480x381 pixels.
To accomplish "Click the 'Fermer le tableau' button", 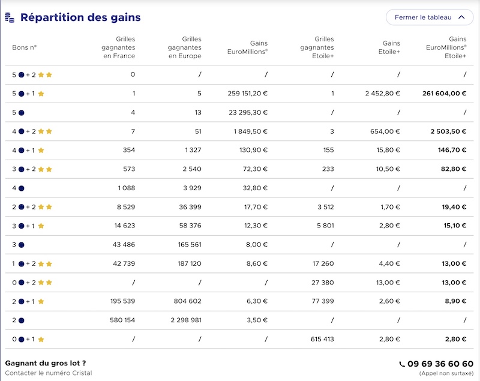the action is click(x=430, y=17).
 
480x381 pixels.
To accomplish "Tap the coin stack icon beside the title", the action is click(x=10, y=17).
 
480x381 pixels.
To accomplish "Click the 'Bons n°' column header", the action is click(x=25, y=47).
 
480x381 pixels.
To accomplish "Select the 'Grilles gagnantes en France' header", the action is click(x=118, y=47).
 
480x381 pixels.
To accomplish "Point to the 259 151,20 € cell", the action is click(x=247, y=94).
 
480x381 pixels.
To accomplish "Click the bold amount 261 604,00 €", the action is click(x=444, y=94).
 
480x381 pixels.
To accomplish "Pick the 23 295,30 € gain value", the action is click(x=248, y=112).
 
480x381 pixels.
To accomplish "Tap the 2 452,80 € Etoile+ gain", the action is click(x=382, y=94).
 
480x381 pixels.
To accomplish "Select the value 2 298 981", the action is click(x=186, y=320).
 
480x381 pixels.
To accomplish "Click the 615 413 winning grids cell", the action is click(x=322, y=339).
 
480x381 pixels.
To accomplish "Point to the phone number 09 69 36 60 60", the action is click(x=440, y=364).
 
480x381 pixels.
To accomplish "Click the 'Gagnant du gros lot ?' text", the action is click(x=46, y=363).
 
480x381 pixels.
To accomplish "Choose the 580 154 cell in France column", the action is click(x=122, y=320).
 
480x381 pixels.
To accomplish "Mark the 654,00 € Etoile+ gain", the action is click(x=385, y=131).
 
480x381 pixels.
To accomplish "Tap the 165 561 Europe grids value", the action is click(x=190, y=245).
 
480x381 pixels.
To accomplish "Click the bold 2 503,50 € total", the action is click(x=448, y=131).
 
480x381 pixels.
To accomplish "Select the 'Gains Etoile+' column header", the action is click(x=389, y=47).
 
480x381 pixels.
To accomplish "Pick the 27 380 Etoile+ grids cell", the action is click(x=323, y=283).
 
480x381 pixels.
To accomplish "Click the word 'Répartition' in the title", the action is click(x=52, y=17).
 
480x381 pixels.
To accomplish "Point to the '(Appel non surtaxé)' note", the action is click(x=446, y=373).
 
